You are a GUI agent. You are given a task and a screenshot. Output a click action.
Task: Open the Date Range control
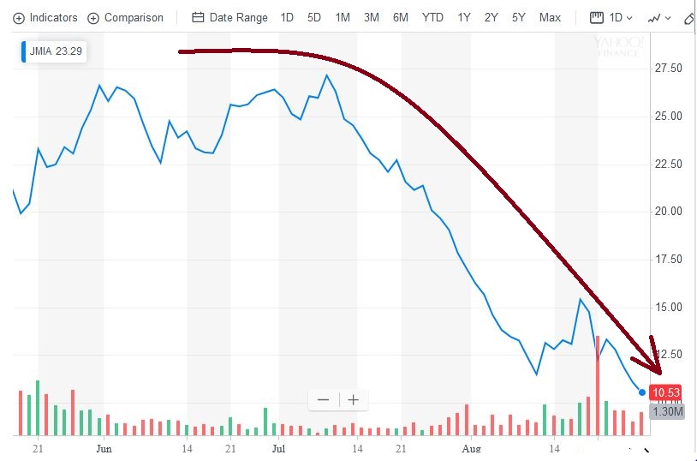coord(229,17)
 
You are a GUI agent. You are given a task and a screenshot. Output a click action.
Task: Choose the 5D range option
coord(314,17)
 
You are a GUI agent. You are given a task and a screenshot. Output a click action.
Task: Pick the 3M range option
coord(372,17)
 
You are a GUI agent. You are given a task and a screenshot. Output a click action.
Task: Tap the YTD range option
coord(432,17)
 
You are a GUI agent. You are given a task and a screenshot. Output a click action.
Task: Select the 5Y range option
coord(519,17)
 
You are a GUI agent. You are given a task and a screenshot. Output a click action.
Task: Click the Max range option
coord(550,17)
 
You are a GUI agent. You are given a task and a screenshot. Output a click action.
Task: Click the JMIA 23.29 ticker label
coord(54,51)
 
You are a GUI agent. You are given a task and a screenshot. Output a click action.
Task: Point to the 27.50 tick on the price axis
coord(668,69)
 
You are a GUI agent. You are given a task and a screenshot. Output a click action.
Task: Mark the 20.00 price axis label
coord(668,212)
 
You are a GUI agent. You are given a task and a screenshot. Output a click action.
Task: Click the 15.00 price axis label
coord(668,307)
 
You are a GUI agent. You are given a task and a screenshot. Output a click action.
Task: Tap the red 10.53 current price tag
coord(665,392)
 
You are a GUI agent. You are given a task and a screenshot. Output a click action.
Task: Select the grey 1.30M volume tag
coord(667,411)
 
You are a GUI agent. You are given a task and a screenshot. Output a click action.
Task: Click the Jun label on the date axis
coord(104,447)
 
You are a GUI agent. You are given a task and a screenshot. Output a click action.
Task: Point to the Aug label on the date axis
coord(470,447)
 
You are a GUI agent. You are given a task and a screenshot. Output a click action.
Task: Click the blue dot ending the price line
coord(642,392)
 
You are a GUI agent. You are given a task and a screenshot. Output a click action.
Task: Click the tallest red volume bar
coord(598,386)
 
